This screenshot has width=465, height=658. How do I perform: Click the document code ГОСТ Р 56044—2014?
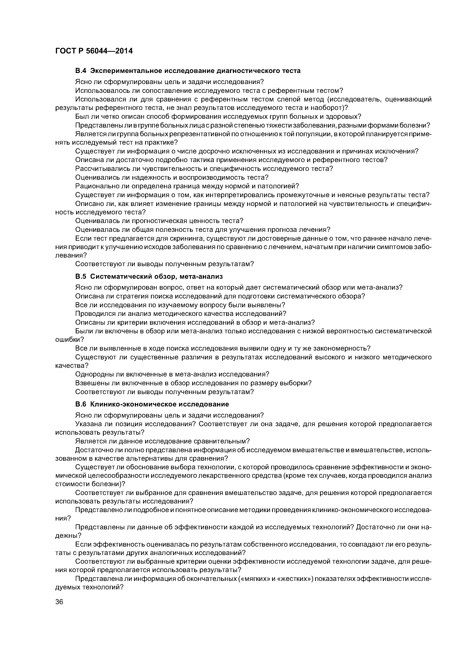tap(94, 51)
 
